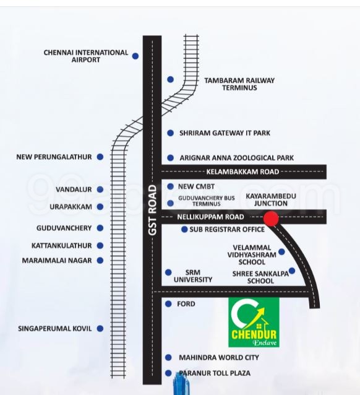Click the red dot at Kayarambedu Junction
click(x=271, y=219)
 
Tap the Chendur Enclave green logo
click(x=254, y=322)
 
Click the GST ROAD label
click(x=152, y=211)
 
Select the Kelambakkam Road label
click(x=242, y=171)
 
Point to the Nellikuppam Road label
click(x=210, y=217)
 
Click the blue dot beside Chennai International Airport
click(x=135, y=56)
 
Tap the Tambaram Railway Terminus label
click(x=239, y=84)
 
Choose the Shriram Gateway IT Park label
click(x=225, y=133)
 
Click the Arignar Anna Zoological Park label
click(x=237, y=158)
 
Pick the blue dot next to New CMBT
click(x=171, y=186)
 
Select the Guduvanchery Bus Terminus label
click(x=207, y=201)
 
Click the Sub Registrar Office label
click(x=227, y=230)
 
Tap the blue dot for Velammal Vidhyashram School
click(x=281, y=251)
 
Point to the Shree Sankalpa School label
click(x=260, y=277)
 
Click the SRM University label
click(x=193, y=276)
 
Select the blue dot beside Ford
click(x=168, y=304)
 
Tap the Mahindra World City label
click(x=219, y=357)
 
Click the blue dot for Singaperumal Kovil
click(x=100, y=329)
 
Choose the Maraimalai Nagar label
click(x=57, y=261)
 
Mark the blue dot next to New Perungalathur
click(x=100, y=157)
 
